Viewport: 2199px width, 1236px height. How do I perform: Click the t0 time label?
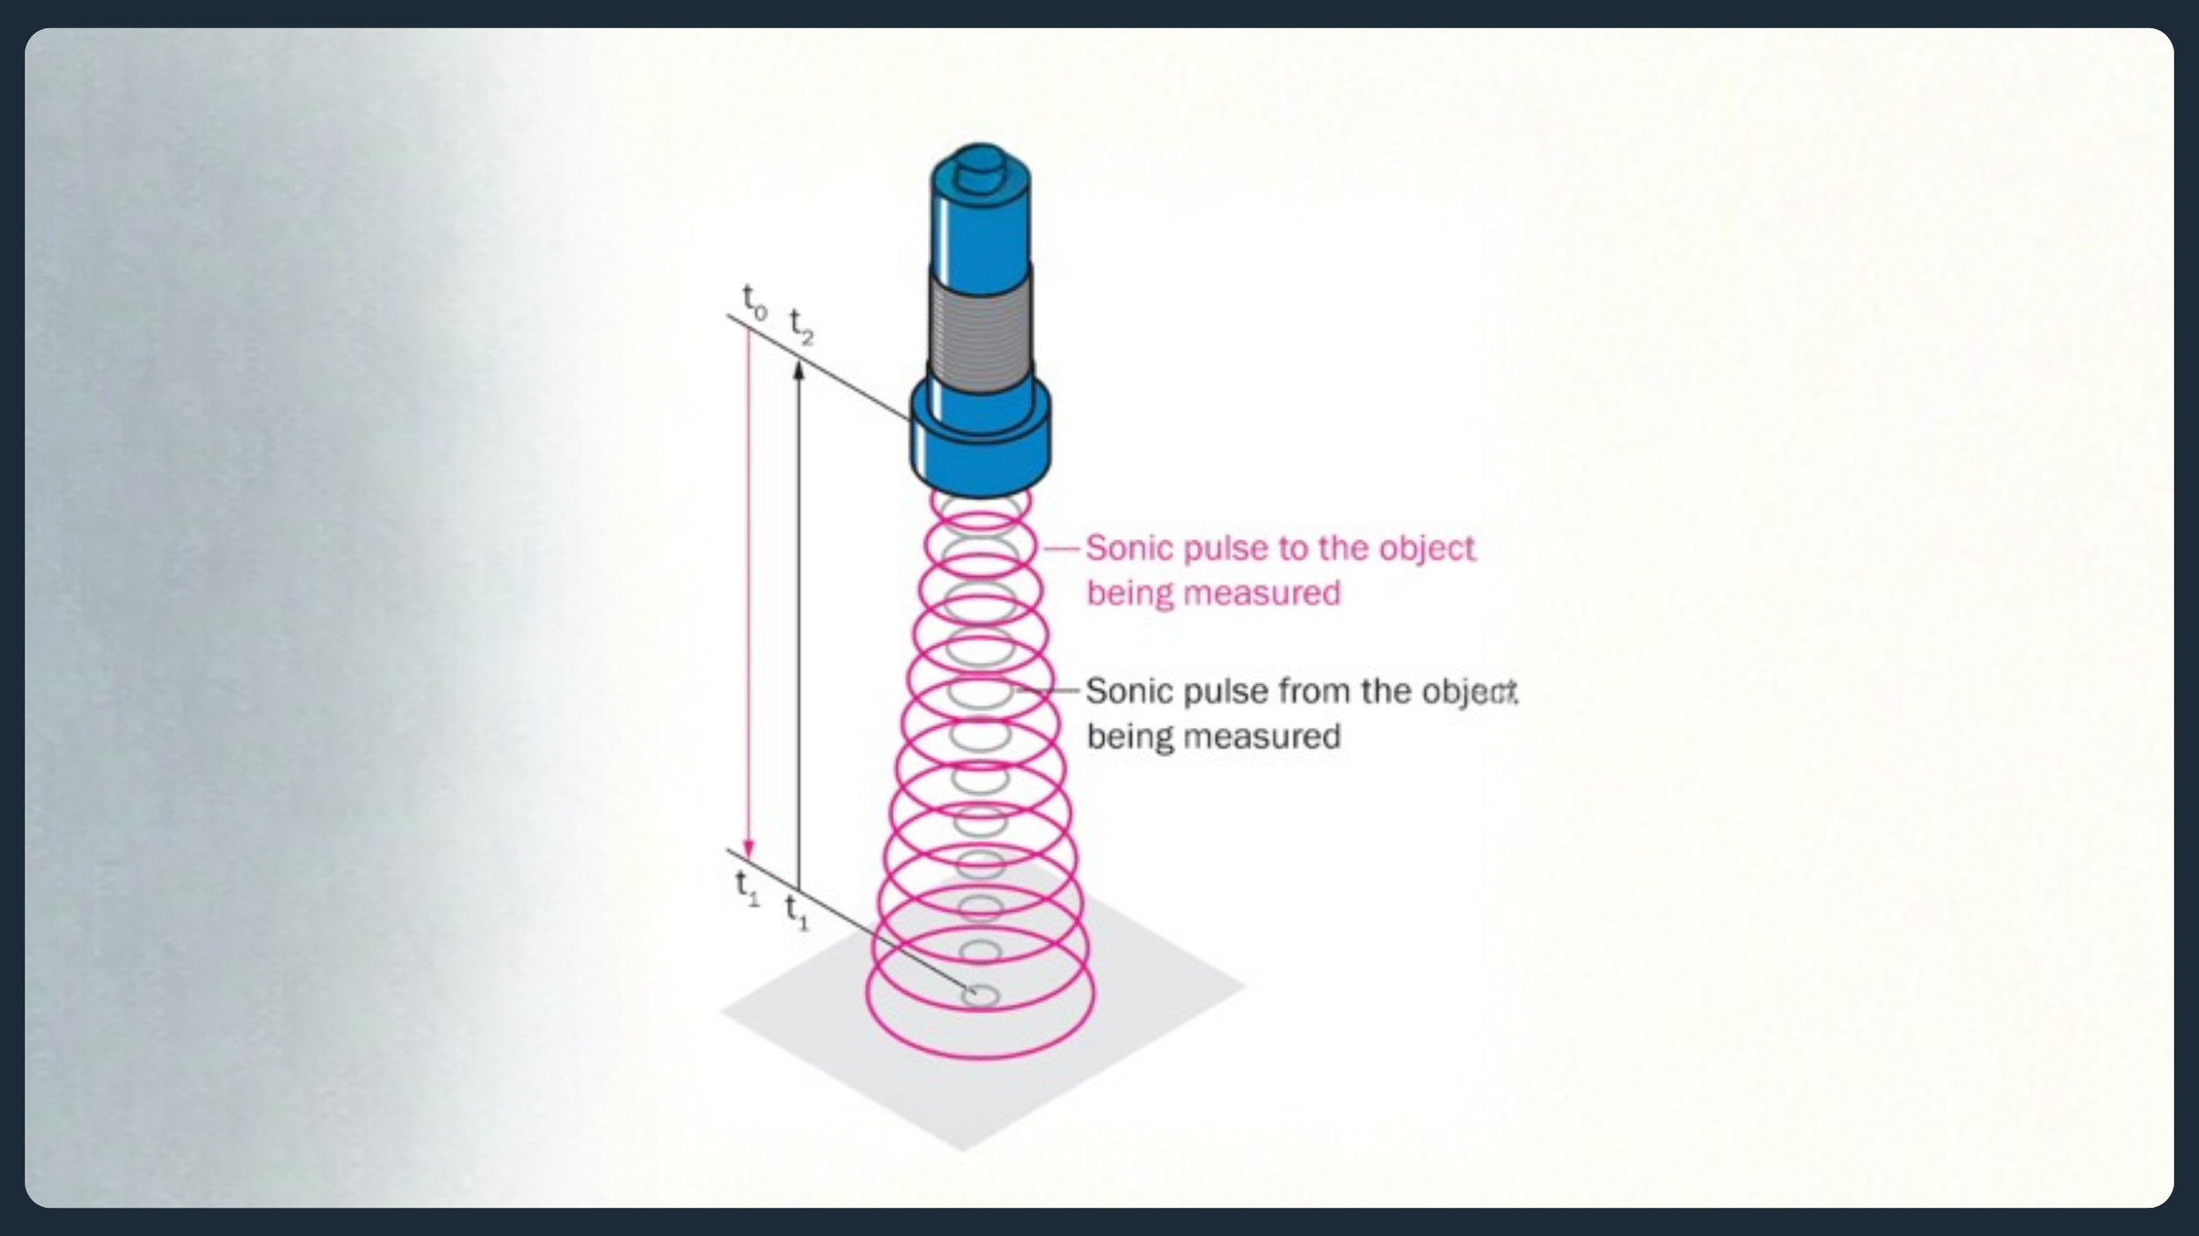click(x=755, y=302)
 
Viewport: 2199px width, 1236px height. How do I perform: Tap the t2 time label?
click(x=801, y=327)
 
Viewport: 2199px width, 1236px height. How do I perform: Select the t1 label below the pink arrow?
click(x=748, y=887)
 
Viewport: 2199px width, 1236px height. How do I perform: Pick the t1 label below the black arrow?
click(x=797, y=912)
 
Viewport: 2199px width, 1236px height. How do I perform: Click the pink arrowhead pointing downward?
click(x=749, y=847)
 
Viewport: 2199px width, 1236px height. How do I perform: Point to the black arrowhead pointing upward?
click(x=799, y=370)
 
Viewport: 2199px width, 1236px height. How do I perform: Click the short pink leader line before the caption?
click(x=1062, y=549)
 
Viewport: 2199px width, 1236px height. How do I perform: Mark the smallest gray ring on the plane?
click(x=980, y=995)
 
